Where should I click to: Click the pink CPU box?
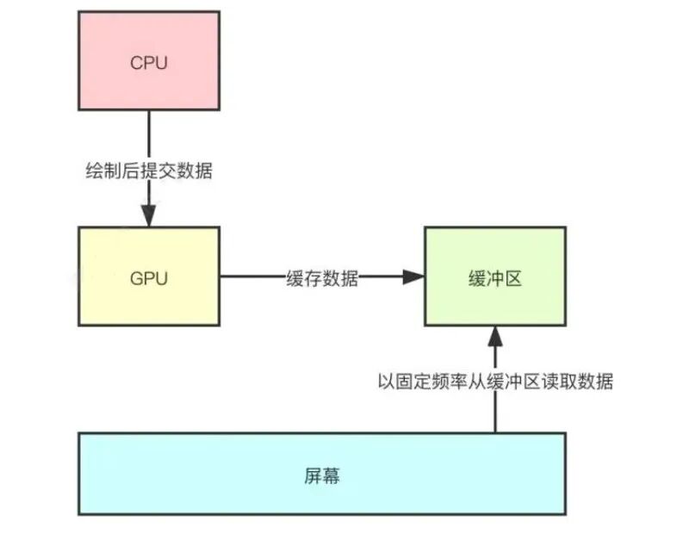[149, 62]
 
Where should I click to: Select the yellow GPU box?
[149, 277]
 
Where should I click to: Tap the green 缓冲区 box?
[494, 277]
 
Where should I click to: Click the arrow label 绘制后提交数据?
[149, 171]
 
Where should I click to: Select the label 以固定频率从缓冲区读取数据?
[495, 382]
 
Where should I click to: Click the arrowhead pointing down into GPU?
[149, 216]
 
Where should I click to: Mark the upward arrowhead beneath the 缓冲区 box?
[495, 336]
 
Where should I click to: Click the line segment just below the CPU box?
[149, 133]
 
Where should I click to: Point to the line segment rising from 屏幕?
[495, 413]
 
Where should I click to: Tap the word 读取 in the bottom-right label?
[565, 382]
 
